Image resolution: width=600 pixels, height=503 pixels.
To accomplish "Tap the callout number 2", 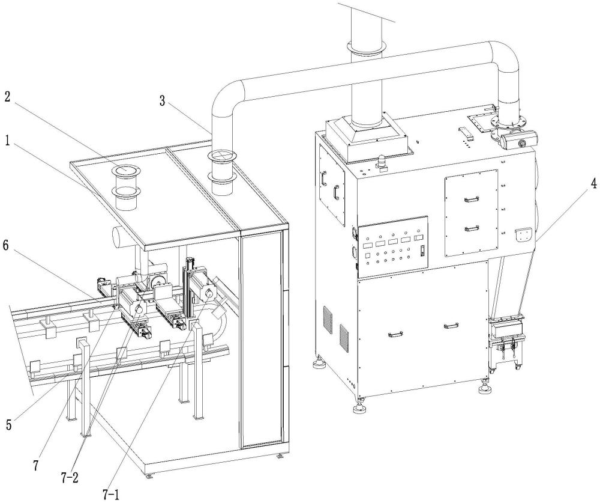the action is click(x=8, y=97).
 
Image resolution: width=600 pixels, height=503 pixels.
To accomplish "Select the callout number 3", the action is click(x=163, y=102).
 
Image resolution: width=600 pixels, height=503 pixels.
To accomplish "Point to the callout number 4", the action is click(x=593, y=184).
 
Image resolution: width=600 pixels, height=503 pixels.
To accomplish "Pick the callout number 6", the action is click(x=7, y=246).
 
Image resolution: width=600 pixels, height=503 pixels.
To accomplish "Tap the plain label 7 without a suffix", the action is click(x=36, y=465).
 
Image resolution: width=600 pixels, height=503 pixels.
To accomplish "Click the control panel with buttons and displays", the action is click(x=392, y=246).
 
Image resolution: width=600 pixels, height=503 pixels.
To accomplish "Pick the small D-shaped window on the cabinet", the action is click(x=523, y=236).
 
